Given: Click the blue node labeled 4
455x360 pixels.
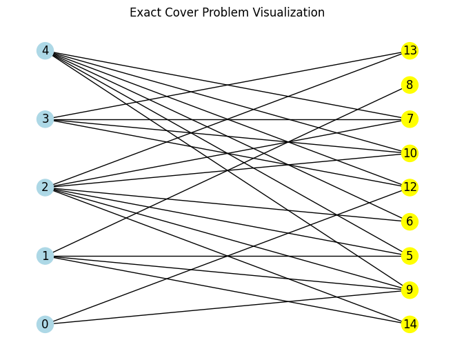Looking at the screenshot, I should point(45,50).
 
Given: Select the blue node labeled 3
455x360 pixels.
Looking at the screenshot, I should point(45,119).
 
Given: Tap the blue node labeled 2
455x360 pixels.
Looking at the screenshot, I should point(45,187).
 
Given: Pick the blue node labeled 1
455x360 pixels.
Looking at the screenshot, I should point(45,256).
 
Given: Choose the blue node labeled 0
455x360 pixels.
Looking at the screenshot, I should point(45,324).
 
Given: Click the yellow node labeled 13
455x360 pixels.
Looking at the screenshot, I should point(410,50).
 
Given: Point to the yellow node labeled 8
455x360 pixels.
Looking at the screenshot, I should point(410,85).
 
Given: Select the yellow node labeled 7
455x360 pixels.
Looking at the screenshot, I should point(410,119).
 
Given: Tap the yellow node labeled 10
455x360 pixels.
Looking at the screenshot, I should point(410,153).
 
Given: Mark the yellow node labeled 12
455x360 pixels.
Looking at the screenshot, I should point(410,187).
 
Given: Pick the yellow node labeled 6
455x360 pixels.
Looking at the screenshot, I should point(410,221).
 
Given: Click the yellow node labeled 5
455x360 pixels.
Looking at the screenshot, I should point(410,256).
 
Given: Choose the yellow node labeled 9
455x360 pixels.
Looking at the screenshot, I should point(410,290).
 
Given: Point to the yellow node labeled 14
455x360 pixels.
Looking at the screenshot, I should point(410,324).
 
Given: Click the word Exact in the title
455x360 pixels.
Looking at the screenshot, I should point(144,12).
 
